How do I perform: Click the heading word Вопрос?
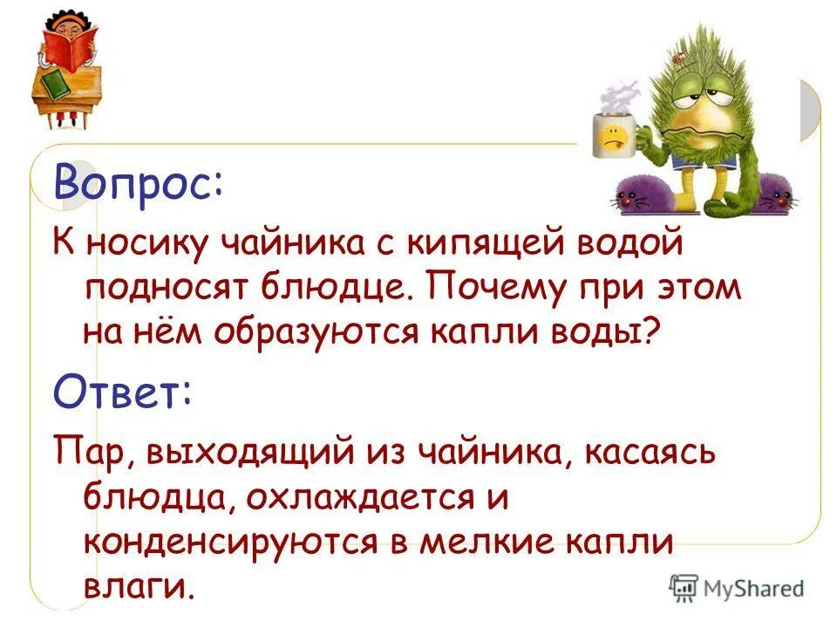tap(138, 183)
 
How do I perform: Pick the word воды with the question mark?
tap(609, 332)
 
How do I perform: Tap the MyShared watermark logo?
tap(737, 587)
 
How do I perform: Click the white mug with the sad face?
tap(613, 134)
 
